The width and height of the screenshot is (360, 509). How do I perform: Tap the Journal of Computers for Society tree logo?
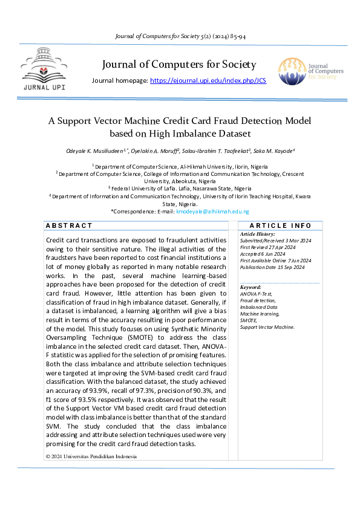point(292,71)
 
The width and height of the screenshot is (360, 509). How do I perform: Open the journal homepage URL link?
point(208,80)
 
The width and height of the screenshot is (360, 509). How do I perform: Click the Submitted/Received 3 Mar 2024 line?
point(275,240)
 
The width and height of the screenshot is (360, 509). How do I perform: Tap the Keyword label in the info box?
point(250,287)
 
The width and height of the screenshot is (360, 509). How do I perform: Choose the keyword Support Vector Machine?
point(267,327)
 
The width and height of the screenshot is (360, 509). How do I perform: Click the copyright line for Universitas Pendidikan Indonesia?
point(91,456)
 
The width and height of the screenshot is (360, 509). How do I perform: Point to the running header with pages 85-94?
point(180,36)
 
